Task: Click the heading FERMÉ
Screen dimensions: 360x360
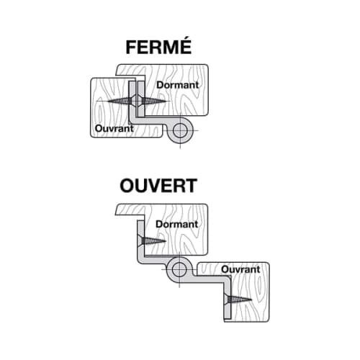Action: (158, 47)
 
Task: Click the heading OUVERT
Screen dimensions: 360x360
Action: (158, 186)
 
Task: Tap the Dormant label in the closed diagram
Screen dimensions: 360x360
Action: (178, 85)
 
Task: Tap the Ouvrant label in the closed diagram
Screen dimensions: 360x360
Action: (114, 128)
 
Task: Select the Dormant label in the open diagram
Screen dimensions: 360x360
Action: (177, 224)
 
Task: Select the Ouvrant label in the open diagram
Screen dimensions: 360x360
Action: (240, 269)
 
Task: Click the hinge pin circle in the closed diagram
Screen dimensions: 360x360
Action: (180, 130)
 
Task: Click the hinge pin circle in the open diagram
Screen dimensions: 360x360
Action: (179, 269)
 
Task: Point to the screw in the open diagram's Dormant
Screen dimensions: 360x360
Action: (153, 240)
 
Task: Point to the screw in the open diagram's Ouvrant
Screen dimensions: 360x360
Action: (238, 300)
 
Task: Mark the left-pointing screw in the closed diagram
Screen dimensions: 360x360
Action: (120, 101)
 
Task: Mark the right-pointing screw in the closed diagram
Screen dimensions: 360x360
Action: (154, 101)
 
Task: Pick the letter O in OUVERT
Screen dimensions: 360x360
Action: (127, 186)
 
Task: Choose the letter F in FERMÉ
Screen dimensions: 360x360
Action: (131, 48)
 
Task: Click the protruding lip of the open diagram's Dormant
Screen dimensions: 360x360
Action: (130, 210)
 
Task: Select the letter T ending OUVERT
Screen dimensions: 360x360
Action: (191, 186)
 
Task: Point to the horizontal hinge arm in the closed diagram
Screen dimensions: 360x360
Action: (153, 120)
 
